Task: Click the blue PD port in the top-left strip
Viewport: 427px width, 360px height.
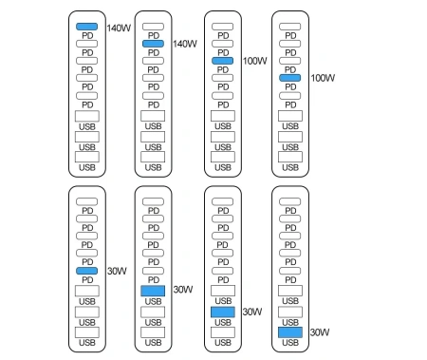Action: click(x=86, y=28)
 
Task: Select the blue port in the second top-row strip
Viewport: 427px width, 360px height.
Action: click(x=153, y=44)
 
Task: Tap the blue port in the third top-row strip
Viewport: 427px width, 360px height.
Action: click(x=223, y=60)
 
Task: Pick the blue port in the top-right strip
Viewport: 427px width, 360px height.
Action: click(x=291, y=77)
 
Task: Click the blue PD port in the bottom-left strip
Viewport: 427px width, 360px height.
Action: click(x=86, y=271)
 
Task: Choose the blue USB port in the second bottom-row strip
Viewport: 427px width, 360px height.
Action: click(x=153, y=290)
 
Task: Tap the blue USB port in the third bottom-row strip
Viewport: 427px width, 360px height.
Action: click(x=223, y=311)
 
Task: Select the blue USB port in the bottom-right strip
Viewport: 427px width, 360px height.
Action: click(x=291, y=332)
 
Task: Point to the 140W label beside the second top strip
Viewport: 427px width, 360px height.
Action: click(x=185, y=44)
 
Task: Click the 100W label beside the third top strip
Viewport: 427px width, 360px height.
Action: click(x=254, y=61)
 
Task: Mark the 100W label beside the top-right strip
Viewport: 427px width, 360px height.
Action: click(x=324, y=77)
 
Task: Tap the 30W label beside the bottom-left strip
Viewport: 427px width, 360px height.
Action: click(x=114, y=271)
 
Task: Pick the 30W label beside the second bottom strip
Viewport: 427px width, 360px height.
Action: click(x=182, y=290)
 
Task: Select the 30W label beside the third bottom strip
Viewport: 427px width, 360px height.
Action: click(x=251, y=311)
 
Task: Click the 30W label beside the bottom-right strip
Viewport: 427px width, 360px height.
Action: click(x=320, y=332)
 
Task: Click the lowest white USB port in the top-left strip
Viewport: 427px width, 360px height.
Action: click(x=86, y=157)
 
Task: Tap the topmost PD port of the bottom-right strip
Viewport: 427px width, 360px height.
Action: click(x=291, y=202)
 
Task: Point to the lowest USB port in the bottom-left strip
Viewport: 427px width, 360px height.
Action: click(x=86, y=332)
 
